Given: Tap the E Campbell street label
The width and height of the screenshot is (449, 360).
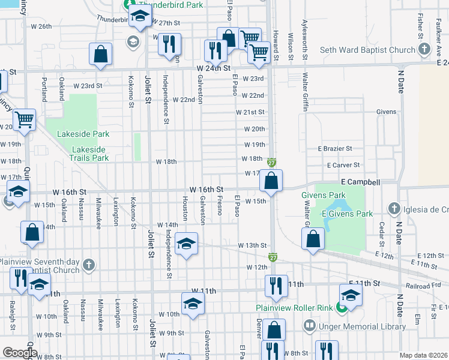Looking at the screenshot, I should click(360, 181).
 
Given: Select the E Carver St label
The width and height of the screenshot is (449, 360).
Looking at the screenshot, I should click(343, 164).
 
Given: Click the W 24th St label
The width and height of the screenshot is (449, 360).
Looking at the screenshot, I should click(214, 68).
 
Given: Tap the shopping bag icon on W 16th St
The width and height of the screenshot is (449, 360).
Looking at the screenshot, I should click(271, 180).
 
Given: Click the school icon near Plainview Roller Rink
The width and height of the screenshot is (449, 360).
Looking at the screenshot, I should click(350, 294).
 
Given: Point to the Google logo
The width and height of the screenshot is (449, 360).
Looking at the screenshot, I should click(19, 353).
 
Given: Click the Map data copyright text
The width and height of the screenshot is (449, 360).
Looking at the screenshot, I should click(424, 355).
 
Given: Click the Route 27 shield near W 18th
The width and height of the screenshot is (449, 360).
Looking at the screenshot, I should click(271, 163).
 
